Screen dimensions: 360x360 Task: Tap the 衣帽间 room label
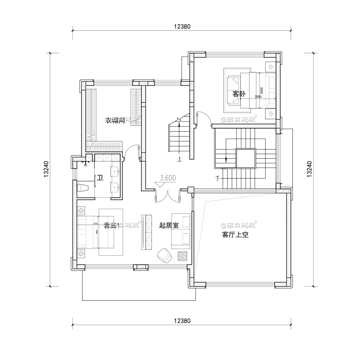click(115, 120)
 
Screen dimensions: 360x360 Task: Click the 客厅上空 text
click(235, 235)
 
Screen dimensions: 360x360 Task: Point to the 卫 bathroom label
click(100, 177)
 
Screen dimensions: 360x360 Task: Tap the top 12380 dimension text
click(182, 27)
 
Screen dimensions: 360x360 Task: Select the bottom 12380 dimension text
click(182, 321)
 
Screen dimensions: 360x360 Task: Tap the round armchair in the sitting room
click(164, 255)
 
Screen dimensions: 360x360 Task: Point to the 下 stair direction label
click(218, 178)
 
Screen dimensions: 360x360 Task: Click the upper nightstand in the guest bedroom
click(270, 67)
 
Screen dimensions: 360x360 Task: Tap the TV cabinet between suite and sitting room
click(147, 232)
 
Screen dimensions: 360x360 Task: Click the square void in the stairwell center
click(246, 157)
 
